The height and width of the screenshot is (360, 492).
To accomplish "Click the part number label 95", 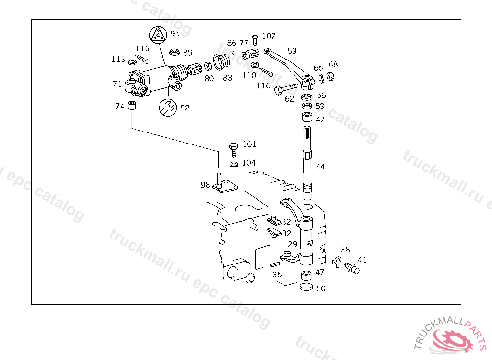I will pyautogui.click(x=175, y=34).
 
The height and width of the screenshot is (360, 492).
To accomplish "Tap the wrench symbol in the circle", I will pyautogui.click(x=167, y=107).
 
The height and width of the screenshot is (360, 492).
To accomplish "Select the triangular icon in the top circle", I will pyautogui.click(x=157, y=35).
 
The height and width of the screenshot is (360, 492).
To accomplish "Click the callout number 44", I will pyautogui.click(x=320, y=167).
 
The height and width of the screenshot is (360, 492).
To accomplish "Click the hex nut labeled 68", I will pyautogui.click(x=331, y=76).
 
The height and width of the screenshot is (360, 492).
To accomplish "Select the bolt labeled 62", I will pyautogui.click(x=286, y=89).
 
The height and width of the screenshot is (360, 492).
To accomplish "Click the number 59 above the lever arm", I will pyautogui.click(x=292, y=51).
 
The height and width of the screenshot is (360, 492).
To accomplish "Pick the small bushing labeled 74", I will pyautogui.click(x=133, y=106).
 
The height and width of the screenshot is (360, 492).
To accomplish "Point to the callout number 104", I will pyautogui.click(x=248, y=163).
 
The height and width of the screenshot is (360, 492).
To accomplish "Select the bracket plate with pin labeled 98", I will pyautogui.click(x=225, y=185).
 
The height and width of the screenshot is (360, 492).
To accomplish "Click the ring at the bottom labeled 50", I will pyautogui.click(x=306, y=287).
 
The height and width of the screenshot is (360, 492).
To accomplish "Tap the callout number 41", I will pyautogui.click(x=362, y=260).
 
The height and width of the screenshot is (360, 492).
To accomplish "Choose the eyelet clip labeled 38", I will pyautogui.click(x=337, y=261).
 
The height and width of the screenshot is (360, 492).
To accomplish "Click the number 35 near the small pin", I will pyautogui.click(x=277, y=275).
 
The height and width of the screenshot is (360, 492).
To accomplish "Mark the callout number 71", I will pyautogui.click(x=117, y=84).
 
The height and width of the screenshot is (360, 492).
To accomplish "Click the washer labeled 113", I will pyautogui.click(x=132, y=61).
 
